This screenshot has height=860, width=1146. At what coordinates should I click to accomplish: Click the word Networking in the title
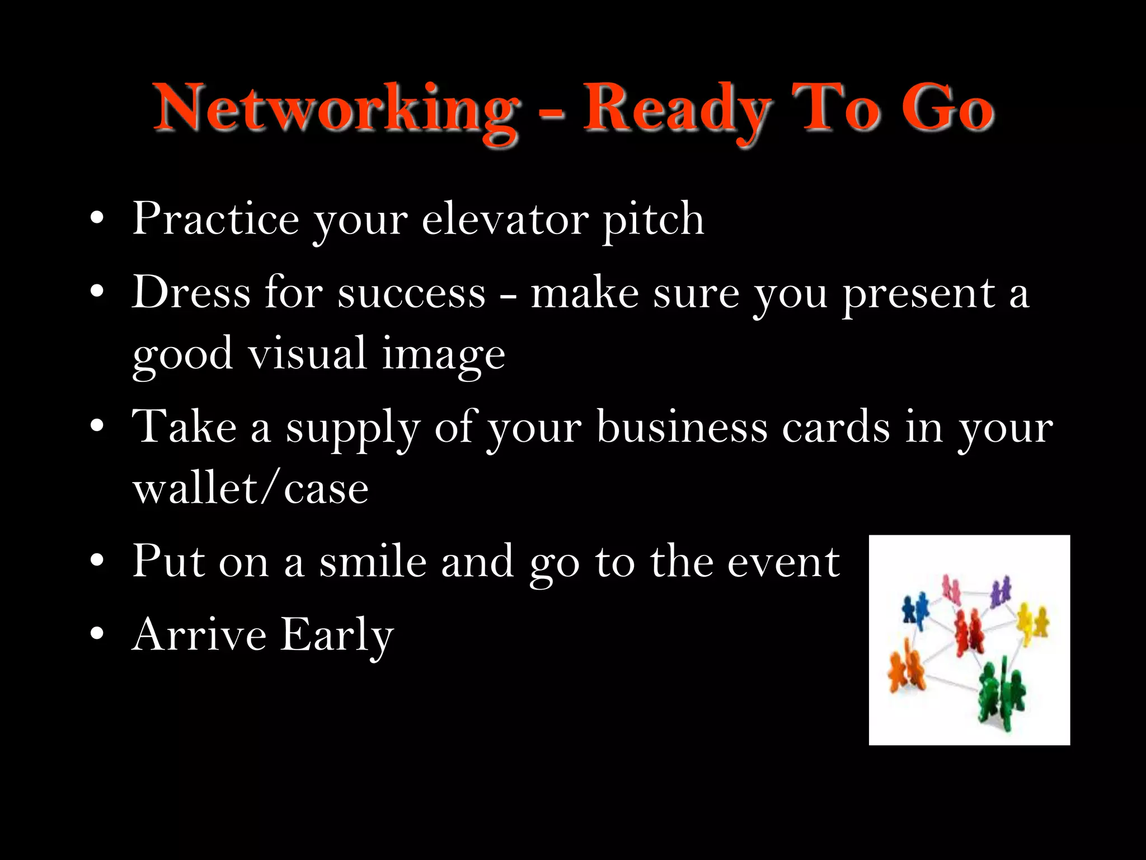336,109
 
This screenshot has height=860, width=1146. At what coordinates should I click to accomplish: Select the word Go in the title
947,109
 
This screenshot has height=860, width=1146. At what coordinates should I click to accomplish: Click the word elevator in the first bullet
505,219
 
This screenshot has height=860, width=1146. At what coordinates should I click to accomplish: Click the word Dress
190,292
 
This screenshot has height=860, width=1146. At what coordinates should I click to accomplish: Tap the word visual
307,354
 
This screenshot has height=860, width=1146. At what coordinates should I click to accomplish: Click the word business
682,427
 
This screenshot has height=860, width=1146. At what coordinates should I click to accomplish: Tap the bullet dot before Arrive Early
97,634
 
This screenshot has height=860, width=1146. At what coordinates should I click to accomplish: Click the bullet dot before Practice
97,218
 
